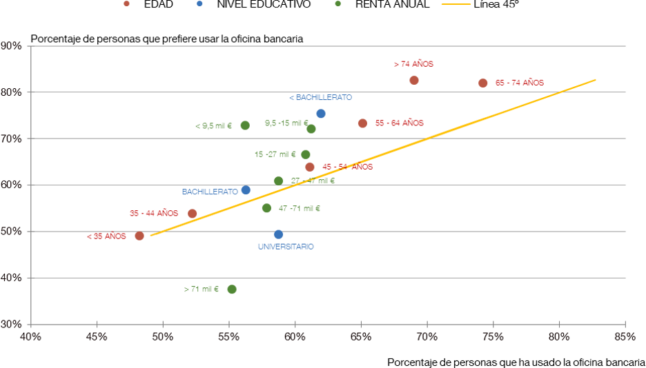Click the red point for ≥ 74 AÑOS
pos(414,80)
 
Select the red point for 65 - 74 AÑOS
pos(483,83)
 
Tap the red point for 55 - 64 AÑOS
pos(362,123)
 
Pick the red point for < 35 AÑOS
pos(139,236)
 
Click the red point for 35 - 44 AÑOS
pos(193,214)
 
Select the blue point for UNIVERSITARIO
pos(278,234)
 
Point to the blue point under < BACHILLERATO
pos(321,114)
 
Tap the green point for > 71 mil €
pos(232,289)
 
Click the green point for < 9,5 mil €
pos(245,125)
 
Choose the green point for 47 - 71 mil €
pos(266,208)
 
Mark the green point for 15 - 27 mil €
pos(306,154)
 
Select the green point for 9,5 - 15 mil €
pos(311,129)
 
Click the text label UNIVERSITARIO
pos(285,247)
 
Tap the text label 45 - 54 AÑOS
pos(347,167)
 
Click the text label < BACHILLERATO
pos(320,98)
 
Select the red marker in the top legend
pos(126,4)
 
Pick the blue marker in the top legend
pos(199,4)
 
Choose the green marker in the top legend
pos(337,4)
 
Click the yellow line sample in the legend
pos(456,4)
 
